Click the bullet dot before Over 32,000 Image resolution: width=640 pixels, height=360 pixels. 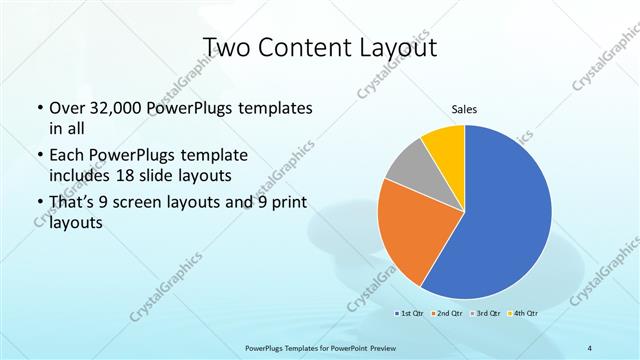[38, 108]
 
